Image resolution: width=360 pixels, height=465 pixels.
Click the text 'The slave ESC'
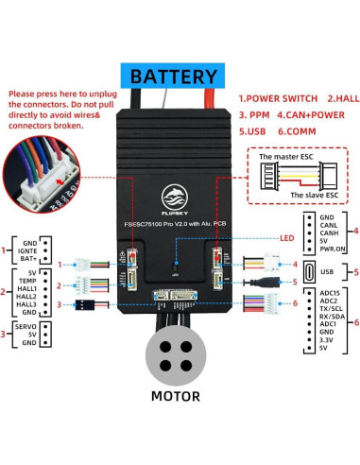311,195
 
